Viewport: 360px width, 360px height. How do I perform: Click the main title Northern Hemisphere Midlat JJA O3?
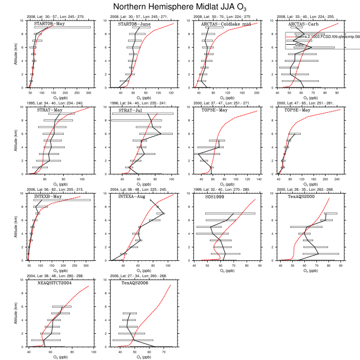(179, 7)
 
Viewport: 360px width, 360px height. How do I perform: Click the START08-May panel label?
(49, 24)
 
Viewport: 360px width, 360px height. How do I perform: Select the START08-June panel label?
(134, 24)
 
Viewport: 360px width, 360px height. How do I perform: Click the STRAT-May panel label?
(49, 110)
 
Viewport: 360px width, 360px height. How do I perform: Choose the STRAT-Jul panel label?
(130, 110)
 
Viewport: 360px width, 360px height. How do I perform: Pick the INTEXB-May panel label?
(48, 196)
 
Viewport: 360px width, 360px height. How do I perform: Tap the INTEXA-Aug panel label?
(132, 196)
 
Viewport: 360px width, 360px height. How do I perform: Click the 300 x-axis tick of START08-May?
(88, 93)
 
